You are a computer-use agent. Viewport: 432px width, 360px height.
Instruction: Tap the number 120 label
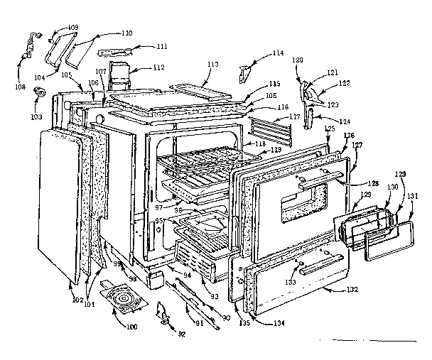point(298,61)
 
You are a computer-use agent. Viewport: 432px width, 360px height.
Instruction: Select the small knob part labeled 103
point(40,92)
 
